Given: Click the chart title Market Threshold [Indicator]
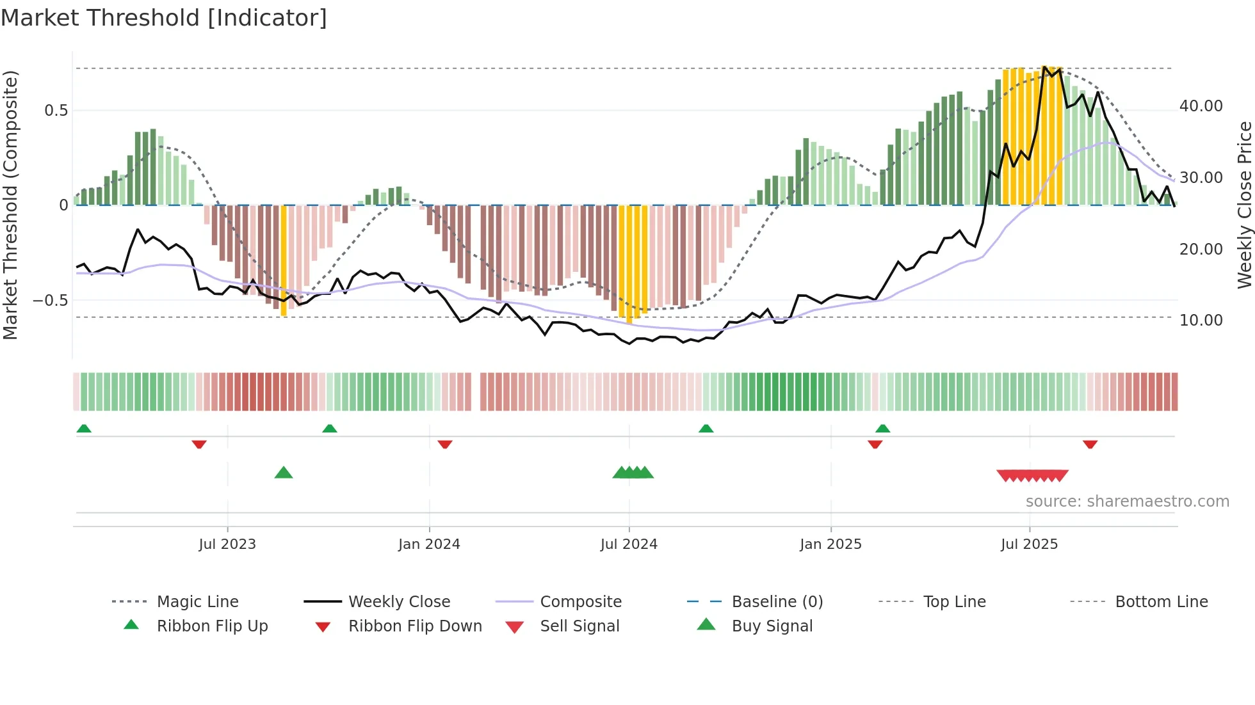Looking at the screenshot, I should (164, 18).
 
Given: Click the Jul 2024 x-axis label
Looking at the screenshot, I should (629, 544).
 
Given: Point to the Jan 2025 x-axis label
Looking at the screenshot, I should (830, 544).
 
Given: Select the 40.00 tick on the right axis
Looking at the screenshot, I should (1201, 106).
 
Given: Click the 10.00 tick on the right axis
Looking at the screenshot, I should (1201, 321).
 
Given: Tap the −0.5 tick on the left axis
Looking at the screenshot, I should (50, 301).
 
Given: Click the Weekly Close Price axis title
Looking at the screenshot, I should (1244, 205).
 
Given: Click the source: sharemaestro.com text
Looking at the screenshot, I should (1127, 502).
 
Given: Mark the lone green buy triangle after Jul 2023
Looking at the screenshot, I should (284, 473).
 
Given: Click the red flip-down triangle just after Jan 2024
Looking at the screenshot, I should (445, 444).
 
